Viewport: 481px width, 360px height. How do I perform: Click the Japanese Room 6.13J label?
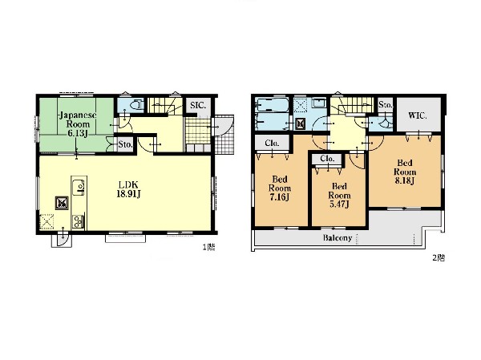click(78, 124)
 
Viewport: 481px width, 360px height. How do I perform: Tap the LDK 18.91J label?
click(128, 189)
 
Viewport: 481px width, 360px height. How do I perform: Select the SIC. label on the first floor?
click(198, 106)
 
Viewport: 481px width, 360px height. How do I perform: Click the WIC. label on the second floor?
click(418, 115)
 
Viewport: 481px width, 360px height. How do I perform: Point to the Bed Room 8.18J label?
click(405, 172)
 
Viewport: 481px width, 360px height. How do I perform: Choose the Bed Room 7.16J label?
click(280, 188)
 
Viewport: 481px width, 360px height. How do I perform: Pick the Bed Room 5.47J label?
click(339, 195)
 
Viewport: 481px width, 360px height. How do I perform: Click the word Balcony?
click(338, 238)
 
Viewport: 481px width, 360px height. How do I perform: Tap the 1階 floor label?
click(208, 247)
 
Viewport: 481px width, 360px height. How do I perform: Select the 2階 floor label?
click(439, 258)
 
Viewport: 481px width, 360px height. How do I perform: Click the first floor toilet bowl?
click(136, 105)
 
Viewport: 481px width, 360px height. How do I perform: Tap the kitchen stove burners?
click(78, 222)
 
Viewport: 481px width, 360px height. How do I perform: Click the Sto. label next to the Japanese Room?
click(125, 144)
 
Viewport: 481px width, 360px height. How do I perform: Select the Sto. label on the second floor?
click(386, 105)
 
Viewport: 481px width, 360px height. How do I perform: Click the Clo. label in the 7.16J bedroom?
click(272, 144)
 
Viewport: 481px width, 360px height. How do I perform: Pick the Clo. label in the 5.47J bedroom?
click(327, 159)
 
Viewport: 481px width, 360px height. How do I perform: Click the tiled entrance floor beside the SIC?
click(198, 131)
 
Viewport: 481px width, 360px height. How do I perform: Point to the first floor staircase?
click(166, 105)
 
